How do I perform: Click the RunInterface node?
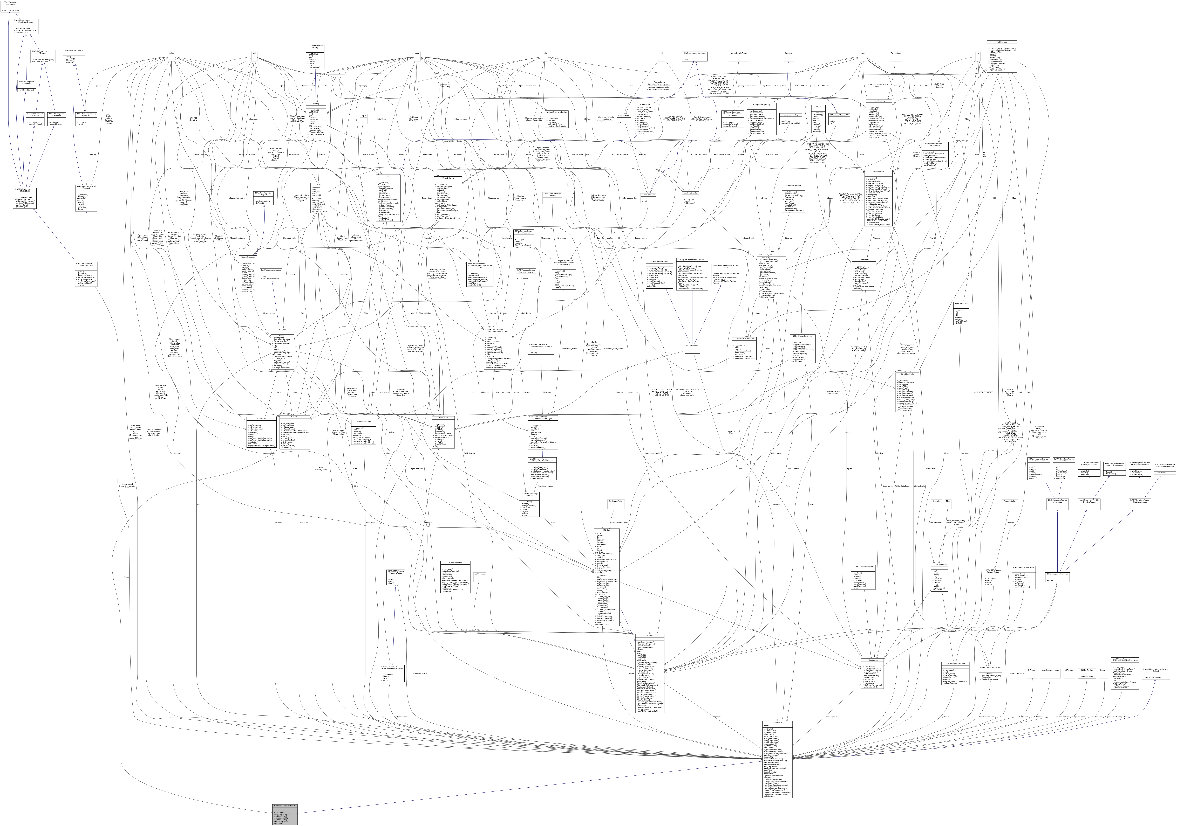(x=896, y=53)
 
